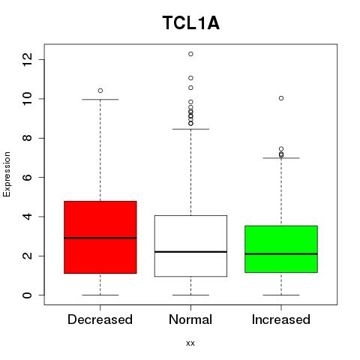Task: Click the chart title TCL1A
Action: click(191, 23)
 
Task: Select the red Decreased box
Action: click(100, 237)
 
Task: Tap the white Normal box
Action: click(190, 246)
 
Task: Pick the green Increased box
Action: click(281, 249)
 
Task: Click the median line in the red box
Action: click(100, 238)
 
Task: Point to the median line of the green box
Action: click(281, 253)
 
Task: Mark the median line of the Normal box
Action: click(190, 252)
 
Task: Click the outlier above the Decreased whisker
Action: click(100, 91)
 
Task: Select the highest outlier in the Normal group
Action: click(190, 54)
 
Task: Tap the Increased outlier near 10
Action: click(281, 98)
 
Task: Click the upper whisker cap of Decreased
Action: click(100, 100)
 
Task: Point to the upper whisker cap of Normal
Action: click(190, 129)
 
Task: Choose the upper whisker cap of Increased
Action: click(281, 158)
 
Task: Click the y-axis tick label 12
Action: click(27, 59)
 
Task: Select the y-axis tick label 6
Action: click(27, 177)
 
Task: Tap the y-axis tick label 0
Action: click(27, 295)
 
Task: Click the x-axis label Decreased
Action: click(100, 319)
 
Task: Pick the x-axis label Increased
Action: click(281, 319)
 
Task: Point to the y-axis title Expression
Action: click(7, 174)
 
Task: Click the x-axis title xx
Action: click(190, 343)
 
